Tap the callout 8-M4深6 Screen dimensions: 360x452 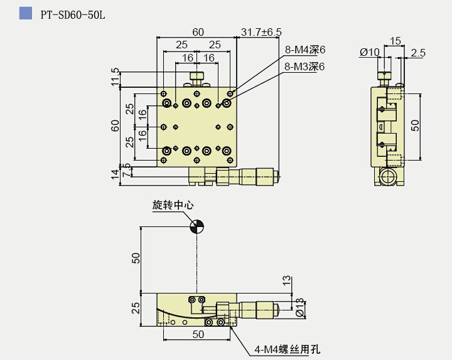[x=305, y=50]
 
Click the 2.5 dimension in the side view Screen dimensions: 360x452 [x=417, y=53]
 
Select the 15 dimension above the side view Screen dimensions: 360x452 [x=395, y=41]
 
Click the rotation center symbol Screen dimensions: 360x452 [x=196, y=226]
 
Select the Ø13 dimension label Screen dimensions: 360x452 [x=299, y=307]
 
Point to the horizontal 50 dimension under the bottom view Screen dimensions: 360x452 [x=198, y=335]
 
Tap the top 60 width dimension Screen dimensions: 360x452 [x=197, y=31]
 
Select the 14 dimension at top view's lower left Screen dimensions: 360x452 [x=114, y=174]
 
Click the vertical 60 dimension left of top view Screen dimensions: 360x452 [x=115, y=125]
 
